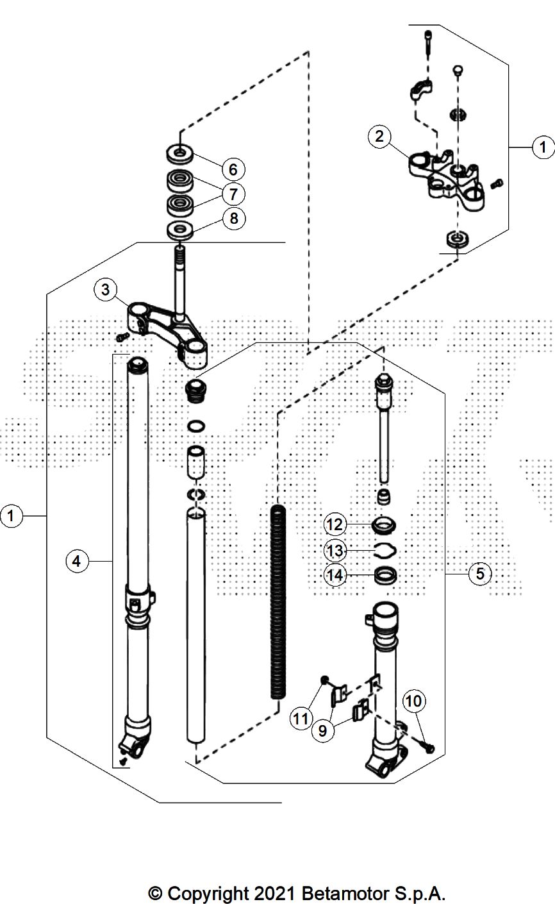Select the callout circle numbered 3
coord(105,290)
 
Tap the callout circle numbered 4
coord(76,562)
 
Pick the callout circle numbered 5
coord(480,573)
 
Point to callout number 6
coord(233,169)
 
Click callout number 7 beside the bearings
coord(233,193)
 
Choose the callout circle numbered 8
coord(233,219)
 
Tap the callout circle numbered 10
coord(414,701)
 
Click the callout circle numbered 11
coord(301,719)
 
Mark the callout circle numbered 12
coord(335,524)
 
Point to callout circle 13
coord(335,550)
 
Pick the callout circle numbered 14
coord(335,575)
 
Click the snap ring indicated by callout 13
coord(385,549)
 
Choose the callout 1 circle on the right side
coord(543,147)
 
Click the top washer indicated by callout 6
coord(180,154)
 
